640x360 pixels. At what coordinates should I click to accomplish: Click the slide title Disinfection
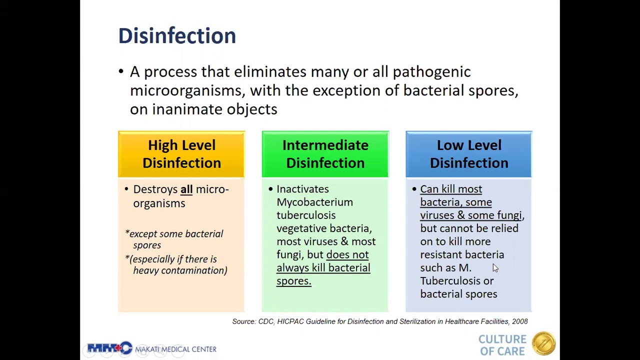176,36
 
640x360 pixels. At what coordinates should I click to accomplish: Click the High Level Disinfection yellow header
181,154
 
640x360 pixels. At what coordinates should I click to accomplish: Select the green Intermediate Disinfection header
325,154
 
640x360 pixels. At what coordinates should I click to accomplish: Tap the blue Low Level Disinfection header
468,154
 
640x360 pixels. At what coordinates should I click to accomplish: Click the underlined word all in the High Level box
186,189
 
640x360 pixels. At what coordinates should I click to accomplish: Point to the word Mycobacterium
314,202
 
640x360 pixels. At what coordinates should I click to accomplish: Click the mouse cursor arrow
495,268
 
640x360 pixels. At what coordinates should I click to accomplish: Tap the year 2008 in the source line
519,321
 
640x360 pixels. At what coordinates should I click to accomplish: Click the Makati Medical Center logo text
175,349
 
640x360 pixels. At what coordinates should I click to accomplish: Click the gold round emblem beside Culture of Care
543,344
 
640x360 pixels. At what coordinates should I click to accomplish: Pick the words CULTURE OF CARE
502,345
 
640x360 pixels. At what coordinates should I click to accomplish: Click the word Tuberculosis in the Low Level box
450,281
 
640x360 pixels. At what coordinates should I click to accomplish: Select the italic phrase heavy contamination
180,270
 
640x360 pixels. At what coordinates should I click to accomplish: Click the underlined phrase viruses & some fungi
471,215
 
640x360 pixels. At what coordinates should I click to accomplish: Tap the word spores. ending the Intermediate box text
293,281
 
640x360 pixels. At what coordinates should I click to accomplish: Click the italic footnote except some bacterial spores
174,239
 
